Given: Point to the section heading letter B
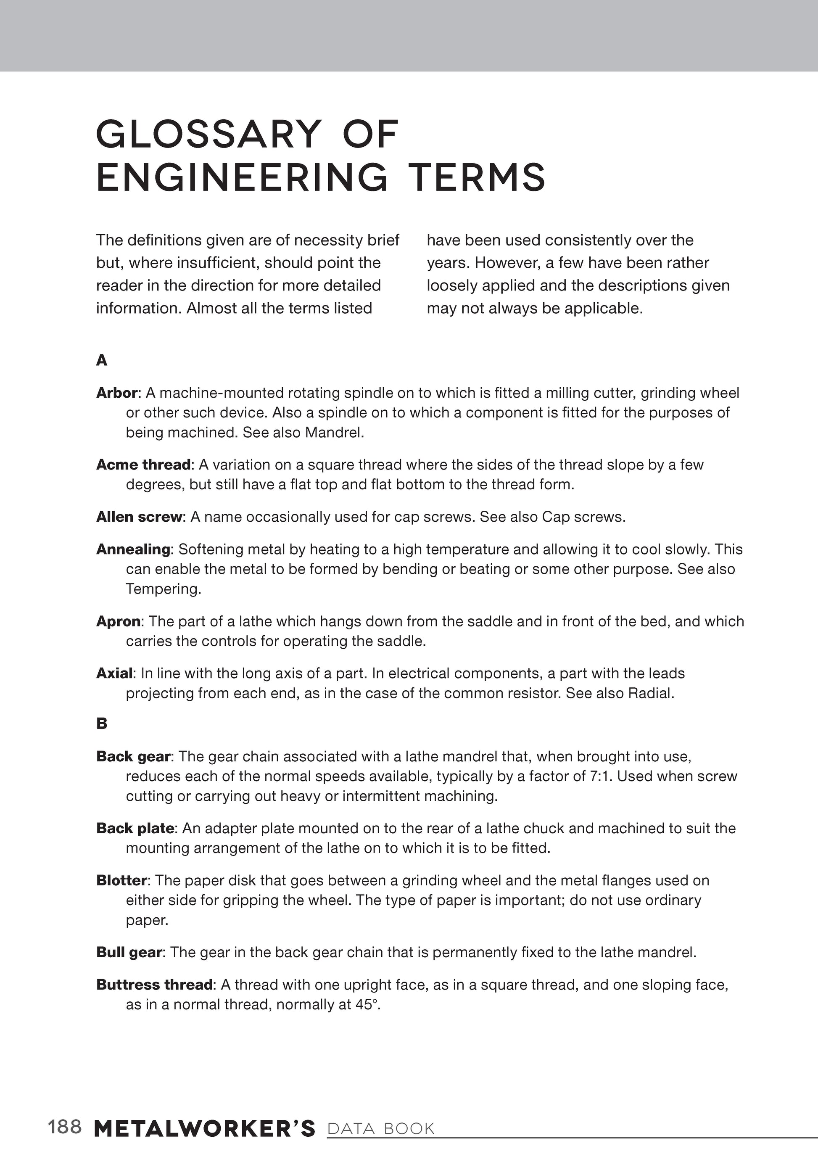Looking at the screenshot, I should pyautogui.click(x=102, y=723).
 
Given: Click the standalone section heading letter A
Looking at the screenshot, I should pyautogui.click(x=102, y=360).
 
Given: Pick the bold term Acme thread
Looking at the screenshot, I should pyautogui.click(x=144, y=464).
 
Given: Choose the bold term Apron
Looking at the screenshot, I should pyautogui.click(x=118, y=621).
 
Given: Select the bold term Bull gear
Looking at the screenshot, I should pyautogui.click(x=129, y=952).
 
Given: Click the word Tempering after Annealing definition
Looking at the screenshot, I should pyautogui.click(x=163, y=589).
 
